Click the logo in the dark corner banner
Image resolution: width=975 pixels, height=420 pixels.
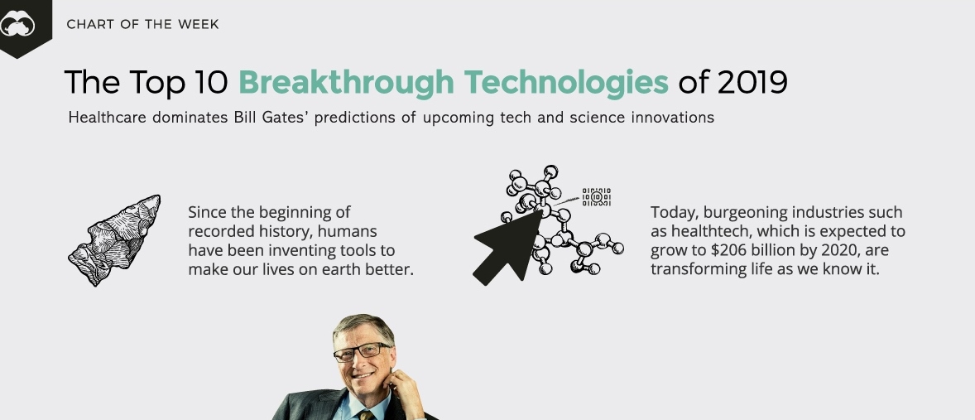pos(17,26)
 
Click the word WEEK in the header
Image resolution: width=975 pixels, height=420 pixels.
pos(199,24)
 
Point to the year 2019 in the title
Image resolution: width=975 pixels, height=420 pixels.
pos(752,82)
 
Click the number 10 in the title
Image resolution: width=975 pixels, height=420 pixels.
pos(211,82)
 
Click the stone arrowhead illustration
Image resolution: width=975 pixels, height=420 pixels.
pos(114,240)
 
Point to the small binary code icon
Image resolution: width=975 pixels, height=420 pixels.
pos(596,197)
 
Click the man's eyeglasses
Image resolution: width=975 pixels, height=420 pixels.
pos(361,351)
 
